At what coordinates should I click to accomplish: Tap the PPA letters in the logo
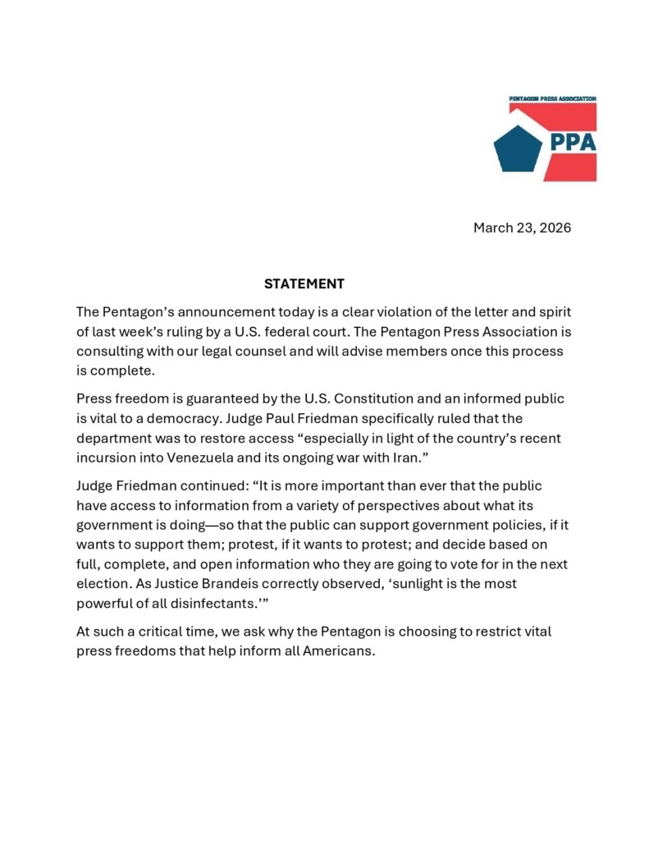(573, 141)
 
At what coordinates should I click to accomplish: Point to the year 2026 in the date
(555, 227)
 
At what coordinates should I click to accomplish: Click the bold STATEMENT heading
(304, 284)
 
